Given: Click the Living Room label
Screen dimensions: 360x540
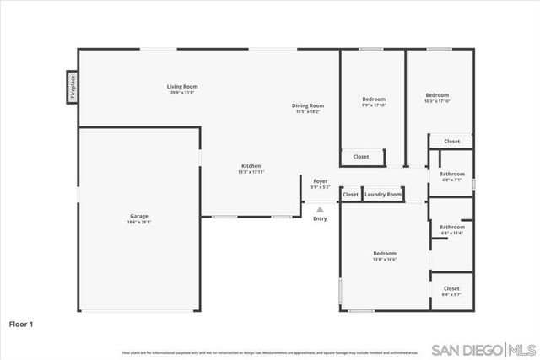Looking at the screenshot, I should coord(181,86).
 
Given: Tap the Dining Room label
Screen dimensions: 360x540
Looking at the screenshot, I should coord(308,105).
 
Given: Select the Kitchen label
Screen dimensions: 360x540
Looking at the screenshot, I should coord(251,166).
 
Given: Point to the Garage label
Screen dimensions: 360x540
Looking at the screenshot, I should coord(139,216).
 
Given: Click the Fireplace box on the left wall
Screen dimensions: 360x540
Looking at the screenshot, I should coord(73,87).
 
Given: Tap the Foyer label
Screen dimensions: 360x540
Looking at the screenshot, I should coord(320,181).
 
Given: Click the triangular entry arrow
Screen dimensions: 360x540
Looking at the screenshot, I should coord(320,209).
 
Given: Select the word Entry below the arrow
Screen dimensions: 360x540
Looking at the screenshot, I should coord(320,219).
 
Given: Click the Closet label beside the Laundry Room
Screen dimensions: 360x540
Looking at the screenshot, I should coord(350,195).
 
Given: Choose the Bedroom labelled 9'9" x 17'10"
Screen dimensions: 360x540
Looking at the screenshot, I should coord(374,99).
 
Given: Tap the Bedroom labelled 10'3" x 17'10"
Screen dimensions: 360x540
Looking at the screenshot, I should coord(437,95).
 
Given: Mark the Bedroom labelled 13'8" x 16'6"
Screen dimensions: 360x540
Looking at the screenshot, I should coord(385,253).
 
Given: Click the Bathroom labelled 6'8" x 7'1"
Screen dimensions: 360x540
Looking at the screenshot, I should coord(452,174).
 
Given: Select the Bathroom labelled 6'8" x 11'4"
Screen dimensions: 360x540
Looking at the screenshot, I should coord(452,227).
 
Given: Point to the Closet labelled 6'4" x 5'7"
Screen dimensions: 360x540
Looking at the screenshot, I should coord(451,288).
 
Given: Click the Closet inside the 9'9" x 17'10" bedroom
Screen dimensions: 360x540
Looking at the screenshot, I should coord(361,157).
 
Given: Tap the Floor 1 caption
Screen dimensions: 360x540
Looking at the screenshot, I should coord(22,323).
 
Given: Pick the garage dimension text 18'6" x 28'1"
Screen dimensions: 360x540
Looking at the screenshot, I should coord(139,223).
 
